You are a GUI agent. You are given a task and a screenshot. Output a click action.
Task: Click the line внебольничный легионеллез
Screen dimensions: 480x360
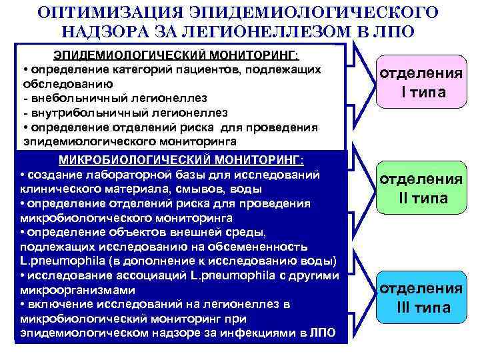click(115, 99)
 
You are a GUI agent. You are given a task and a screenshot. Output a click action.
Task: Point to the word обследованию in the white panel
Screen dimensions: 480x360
click(68, 84)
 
